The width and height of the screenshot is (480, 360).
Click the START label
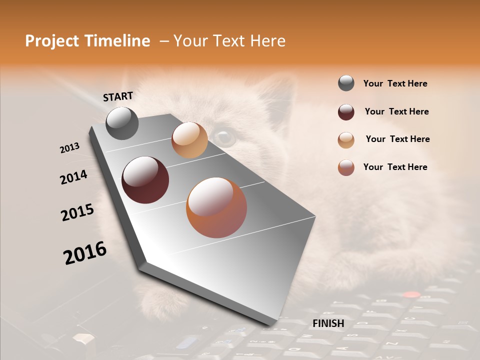(x=118, y=96)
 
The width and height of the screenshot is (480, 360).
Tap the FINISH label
(x=328, y=323)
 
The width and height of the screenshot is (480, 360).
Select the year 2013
(x=69, y=148)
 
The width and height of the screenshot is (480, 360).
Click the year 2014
(x=73, y=177)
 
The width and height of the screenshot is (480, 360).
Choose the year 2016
(x=85, y=253)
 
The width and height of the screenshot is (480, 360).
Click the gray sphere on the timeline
(x=122, y=123)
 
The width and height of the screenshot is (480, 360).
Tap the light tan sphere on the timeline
(x=189, y=140)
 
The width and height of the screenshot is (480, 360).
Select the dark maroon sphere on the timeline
(x=145, y=180)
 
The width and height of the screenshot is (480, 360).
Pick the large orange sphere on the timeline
(x=216, y=207)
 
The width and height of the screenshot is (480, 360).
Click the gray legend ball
(x=346, y=83)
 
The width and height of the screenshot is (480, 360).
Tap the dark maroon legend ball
(x=346, y=112)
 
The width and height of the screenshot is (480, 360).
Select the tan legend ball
(x=346, y=140)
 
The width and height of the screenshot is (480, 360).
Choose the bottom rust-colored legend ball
(x=346, y=167)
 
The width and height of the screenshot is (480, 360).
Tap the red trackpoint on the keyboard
(x=411, y=294)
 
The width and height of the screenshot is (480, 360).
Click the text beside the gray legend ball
(x=395, y=84)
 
